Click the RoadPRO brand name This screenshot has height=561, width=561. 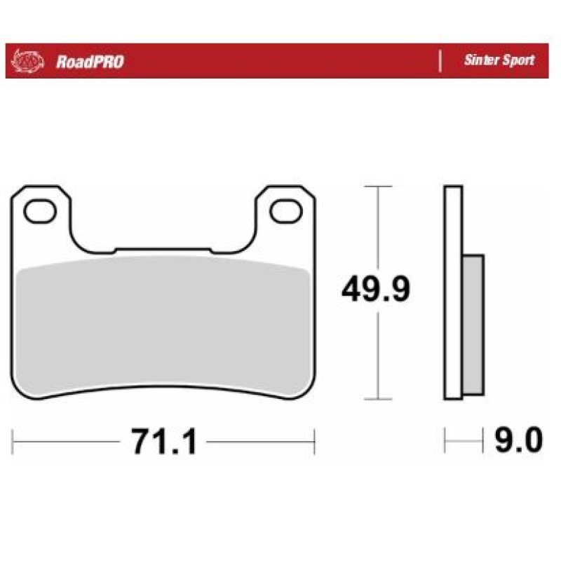(x=90, y=62)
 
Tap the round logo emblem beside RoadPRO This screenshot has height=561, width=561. (x=27, y=61)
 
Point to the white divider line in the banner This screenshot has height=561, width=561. (x=440, y=61)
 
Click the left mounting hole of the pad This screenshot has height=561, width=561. (x=40, y=212)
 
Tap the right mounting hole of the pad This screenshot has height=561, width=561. (x=286, y=212)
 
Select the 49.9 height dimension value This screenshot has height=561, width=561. (x=376, y=289)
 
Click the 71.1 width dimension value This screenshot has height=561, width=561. (x=164, y=442)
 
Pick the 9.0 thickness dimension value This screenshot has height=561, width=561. (x=518, y=440)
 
